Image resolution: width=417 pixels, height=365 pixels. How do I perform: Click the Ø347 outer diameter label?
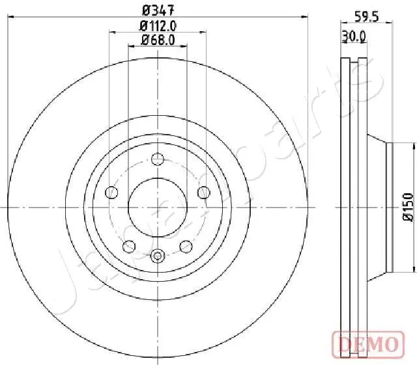point(157,10)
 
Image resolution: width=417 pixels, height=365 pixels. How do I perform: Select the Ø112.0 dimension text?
point(158,26)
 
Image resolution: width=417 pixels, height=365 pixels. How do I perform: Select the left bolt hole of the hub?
point(111,193)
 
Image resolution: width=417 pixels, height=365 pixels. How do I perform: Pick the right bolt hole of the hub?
point(203,193)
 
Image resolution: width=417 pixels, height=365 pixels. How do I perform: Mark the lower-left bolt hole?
point(129,245)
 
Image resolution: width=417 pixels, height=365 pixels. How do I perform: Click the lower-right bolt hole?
point(186,245)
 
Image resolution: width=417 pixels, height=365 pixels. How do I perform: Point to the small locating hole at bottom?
point(157,256)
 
